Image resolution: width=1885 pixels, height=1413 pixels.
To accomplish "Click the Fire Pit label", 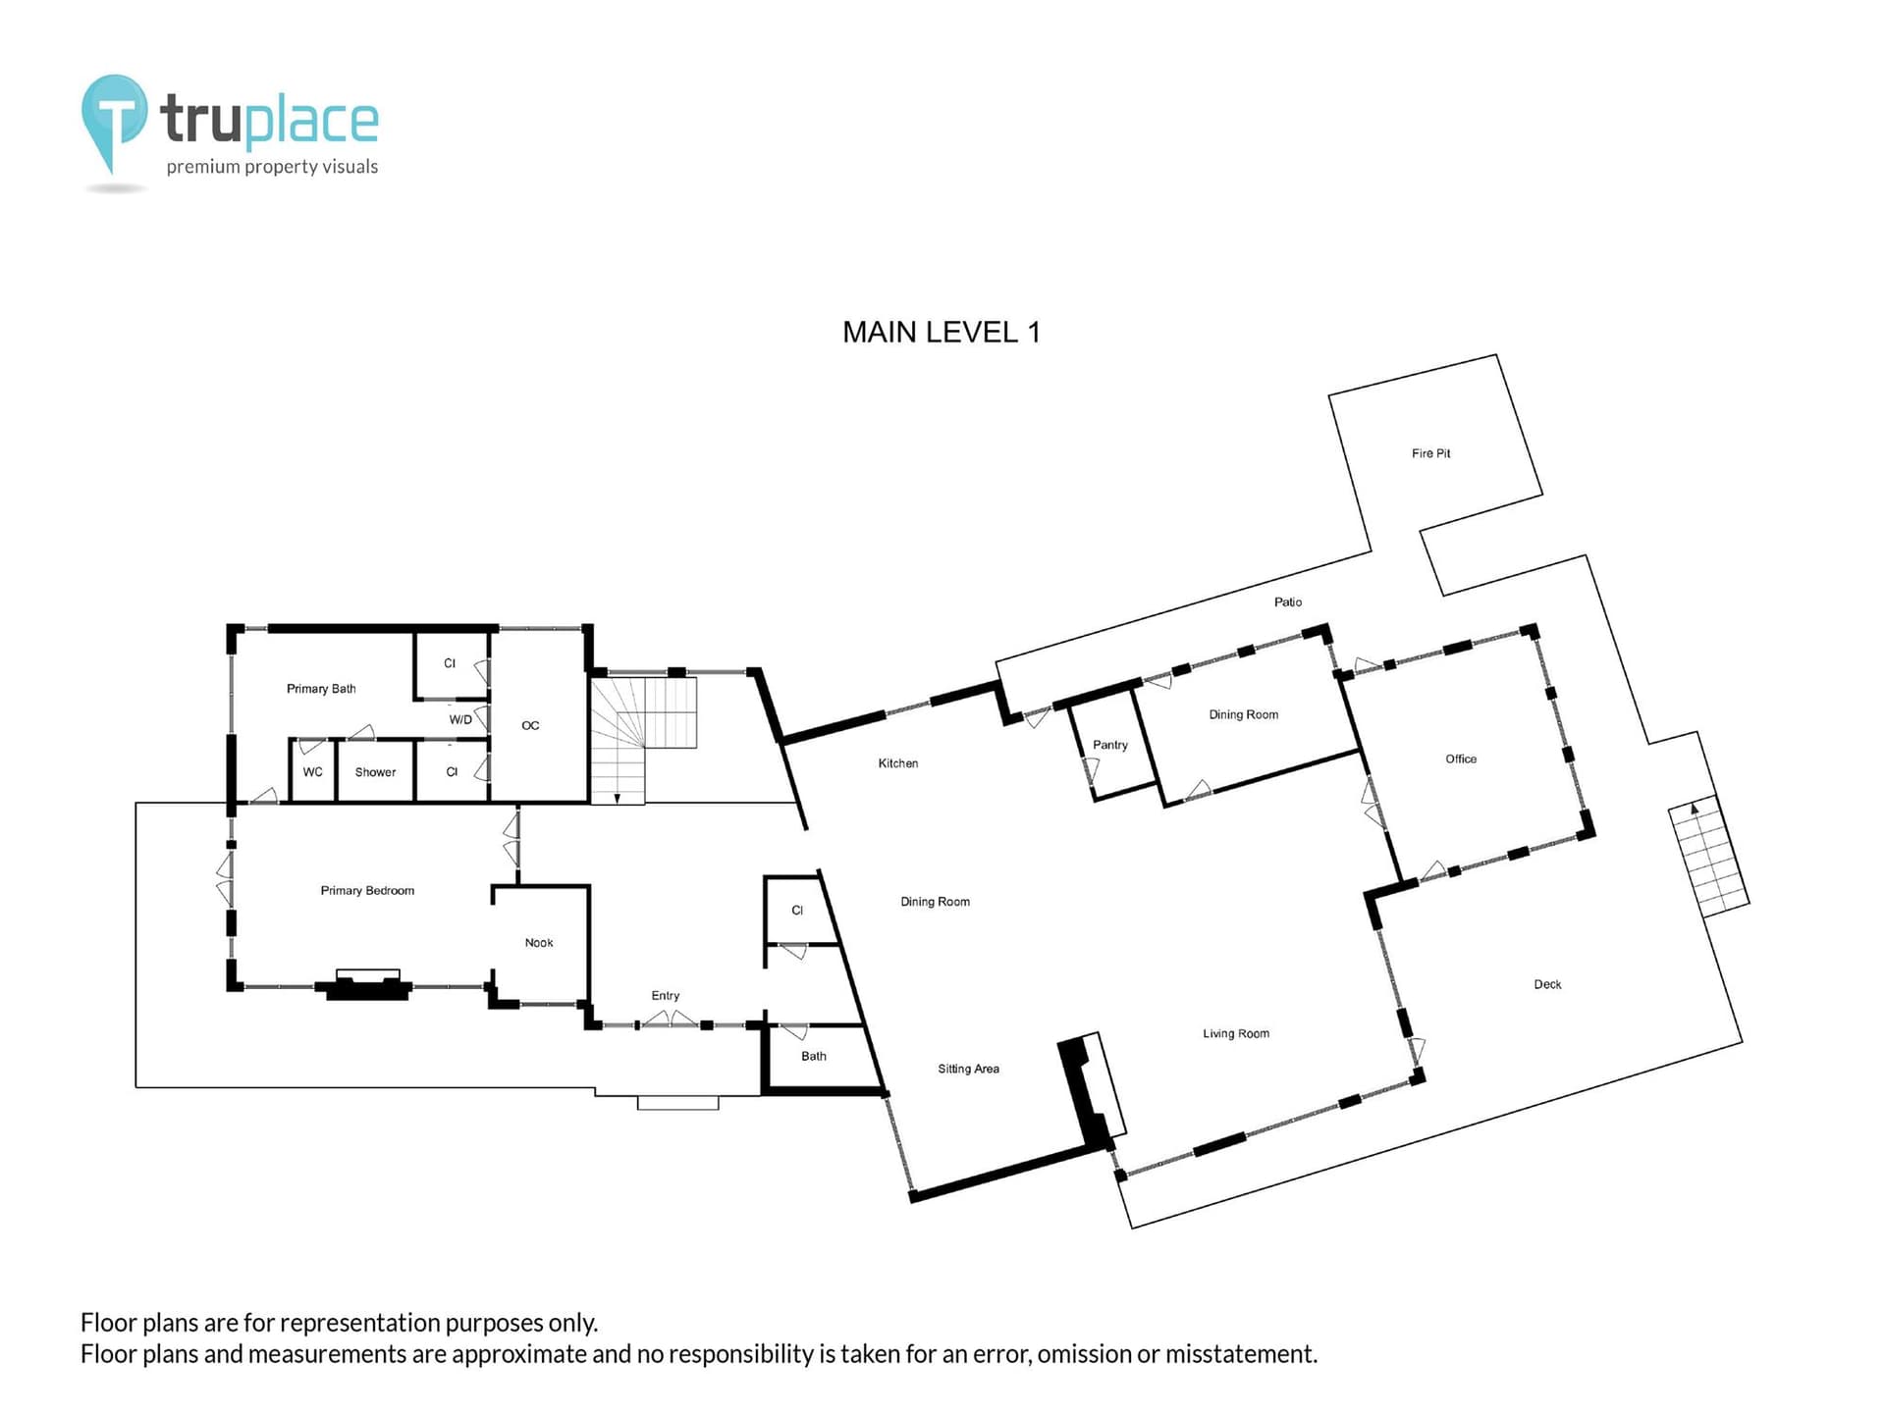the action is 1430,453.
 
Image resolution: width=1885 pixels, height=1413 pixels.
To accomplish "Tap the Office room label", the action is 1461,759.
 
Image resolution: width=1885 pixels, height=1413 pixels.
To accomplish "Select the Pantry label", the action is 1110,745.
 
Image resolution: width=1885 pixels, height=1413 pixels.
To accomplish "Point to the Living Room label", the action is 1236,1033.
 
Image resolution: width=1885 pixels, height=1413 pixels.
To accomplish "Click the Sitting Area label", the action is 968,1069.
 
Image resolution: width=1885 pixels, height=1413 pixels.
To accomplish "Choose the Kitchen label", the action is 898,763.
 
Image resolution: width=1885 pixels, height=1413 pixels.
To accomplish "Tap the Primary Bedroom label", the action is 367,891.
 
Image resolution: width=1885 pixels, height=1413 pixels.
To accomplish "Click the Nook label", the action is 539,943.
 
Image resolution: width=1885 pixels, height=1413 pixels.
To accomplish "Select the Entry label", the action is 666,996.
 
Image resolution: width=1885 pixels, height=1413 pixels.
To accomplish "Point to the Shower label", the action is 375,772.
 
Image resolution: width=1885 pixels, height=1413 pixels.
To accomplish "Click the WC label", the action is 312,772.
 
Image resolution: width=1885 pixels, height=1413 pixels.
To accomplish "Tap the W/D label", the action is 460,720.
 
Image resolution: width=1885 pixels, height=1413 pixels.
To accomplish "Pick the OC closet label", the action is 530,726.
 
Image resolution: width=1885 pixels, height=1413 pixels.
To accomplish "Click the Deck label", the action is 1547,984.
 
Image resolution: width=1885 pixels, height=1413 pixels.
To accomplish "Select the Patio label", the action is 1288,602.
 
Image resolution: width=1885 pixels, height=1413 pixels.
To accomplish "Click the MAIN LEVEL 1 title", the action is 941,333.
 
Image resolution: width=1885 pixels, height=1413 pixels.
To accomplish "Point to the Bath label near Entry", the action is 814,1057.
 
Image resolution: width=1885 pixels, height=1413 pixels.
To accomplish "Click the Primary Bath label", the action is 321,689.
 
